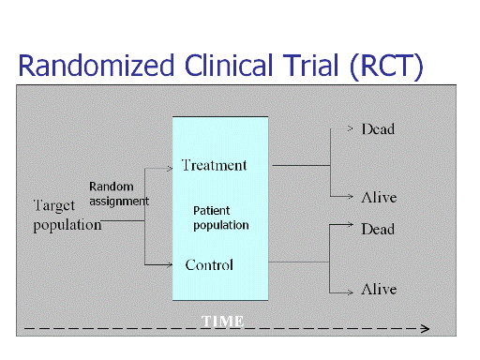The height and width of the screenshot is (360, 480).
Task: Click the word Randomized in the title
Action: (96, 65)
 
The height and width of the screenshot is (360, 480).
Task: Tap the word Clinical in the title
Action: (229, 65)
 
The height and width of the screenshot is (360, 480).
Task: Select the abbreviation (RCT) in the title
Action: (386, 67)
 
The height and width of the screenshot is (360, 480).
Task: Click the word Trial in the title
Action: (311, 65)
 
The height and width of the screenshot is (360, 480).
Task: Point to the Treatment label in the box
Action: (215, 165)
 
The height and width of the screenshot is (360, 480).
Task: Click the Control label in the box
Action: (209, 265)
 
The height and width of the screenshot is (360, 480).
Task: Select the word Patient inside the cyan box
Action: (212, 211)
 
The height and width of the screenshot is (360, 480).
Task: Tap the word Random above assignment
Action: (112, 187)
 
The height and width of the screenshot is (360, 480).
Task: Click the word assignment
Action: (119, 202)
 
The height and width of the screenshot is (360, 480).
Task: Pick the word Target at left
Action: (54, 206)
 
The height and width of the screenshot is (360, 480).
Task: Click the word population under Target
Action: (67, 225)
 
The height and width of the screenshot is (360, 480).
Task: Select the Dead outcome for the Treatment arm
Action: (378, 129)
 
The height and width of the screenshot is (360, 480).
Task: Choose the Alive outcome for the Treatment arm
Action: (379, 197)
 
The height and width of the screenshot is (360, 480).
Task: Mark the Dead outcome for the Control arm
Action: (378, 230)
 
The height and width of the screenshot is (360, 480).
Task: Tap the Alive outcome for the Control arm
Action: (379, 289)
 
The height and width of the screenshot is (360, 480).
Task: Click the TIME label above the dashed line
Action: (222, 322)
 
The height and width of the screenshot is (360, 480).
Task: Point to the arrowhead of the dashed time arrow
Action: (426, 328)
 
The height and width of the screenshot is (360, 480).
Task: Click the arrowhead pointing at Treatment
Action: (170, 169)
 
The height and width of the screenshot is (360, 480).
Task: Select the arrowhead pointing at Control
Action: (170, 265)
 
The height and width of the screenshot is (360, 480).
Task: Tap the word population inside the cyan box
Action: (221, 225)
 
